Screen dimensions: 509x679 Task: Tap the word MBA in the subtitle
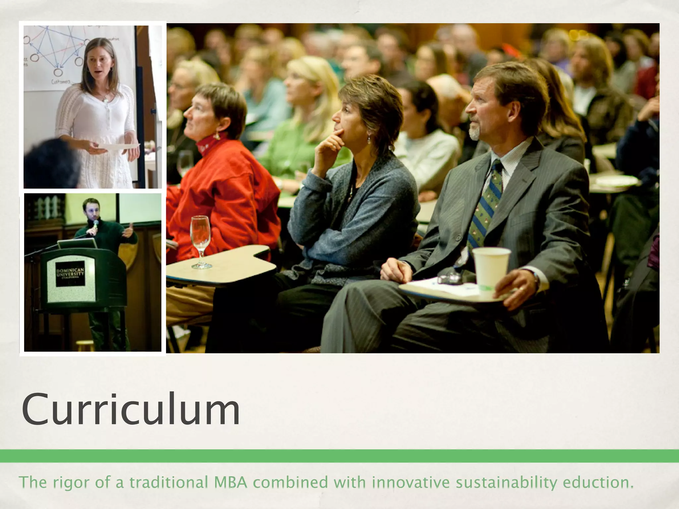point(231,482)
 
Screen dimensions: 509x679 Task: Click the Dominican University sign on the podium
point(70,274)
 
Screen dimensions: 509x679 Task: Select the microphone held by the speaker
point(96,224)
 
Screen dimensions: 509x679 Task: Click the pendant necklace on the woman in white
point(105,98)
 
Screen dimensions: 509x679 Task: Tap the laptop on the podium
point(77,244)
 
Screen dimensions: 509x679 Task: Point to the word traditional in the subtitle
point(171,482)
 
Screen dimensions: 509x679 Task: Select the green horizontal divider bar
point(339,456)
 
